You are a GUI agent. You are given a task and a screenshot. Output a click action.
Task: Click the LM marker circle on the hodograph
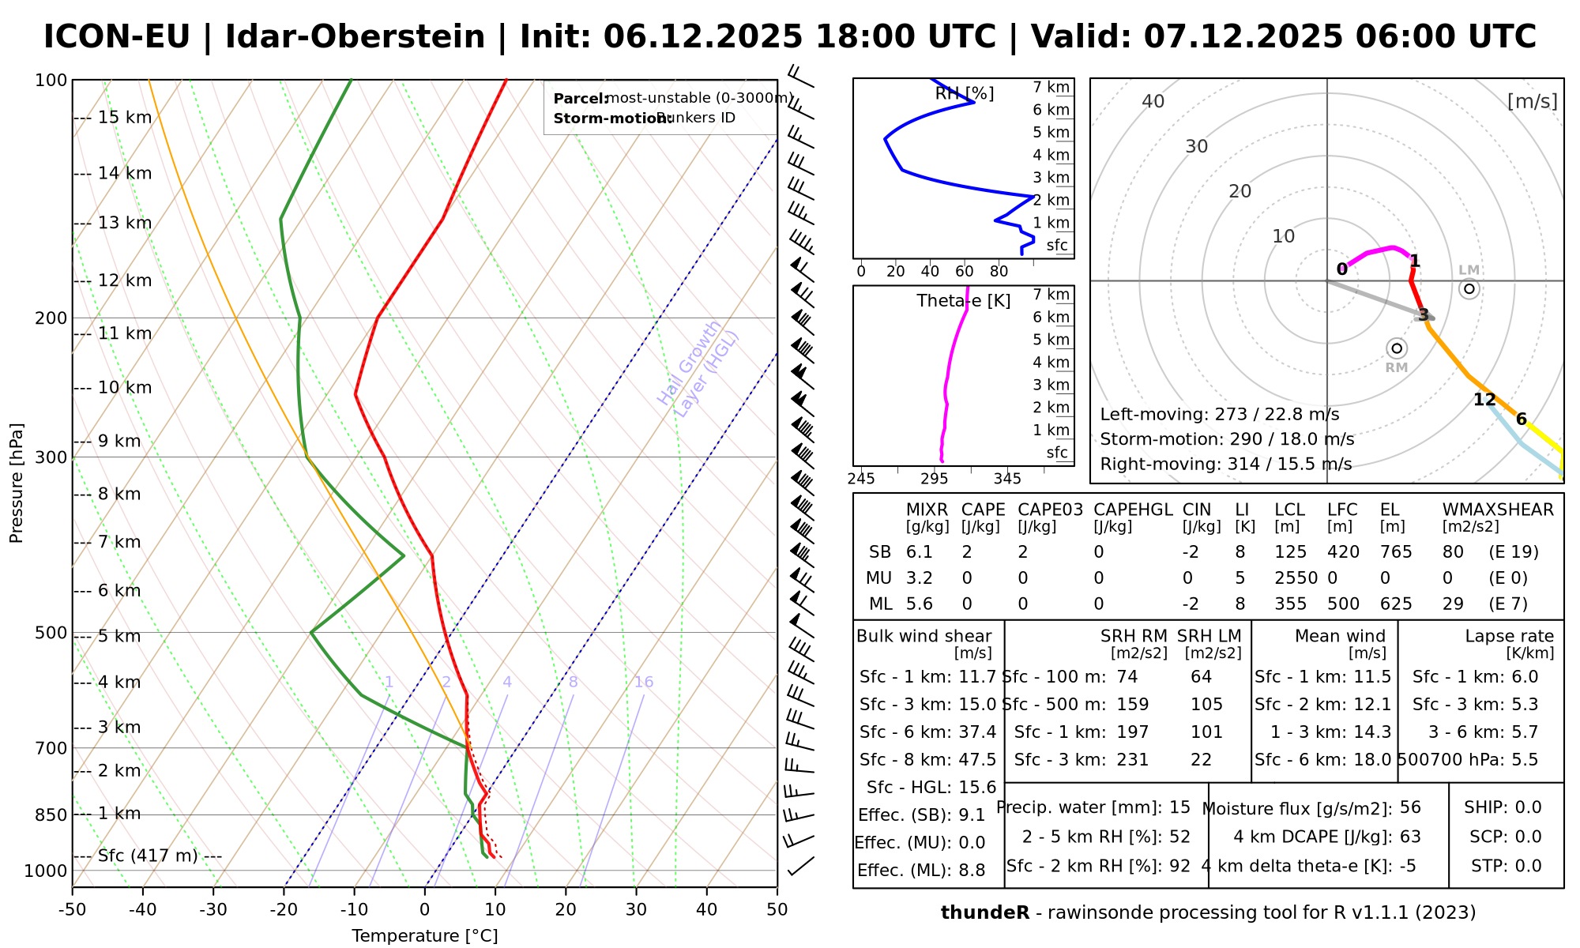(1469, 288)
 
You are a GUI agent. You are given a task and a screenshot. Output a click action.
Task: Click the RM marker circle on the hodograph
(1397, 348)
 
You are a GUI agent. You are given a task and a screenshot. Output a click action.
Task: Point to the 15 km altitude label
(125, 118)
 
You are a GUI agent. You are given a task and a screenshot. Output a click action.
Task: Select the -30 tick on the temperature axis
(213, 910)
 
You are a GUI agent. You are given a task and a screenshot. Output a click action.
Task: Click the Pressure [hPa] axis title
(17, 483)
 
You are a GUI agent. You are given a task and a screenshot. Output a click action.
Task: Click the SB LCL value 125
(1290, 552)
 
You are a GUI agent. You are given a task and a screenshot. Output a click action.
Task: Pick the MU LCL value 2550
(1296, 578)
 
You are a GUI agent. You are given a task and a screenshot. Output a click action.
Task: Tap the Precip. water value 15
(1179, 807)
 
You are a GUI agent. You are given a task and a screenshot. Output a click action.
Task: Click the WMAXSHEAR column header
(1497, 510)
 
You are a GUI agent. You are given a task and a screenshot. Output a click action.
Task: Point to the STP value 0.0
(1528, 866)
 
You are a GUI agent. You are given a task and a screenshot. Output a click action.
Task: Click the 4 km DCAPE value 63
(1410, 837)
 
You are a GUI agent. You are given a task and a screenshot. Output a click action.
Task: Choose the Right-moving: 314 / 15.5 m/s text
(1225, 464)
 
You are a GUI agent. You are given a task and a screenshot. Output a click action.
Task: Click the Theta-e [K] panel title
(963, 301)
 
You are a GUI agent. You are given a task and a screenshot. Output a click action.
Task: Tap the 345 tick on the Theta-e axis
(1007, 479)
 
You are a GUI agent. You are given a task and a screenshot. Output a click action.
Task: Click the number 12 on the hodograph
(1484, 400)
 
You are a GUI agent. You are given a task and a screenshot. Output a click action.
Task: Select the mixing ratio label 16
(644, 683)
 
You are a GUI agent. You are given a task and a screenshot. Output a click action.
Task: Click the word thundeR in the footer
(984, 912)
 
